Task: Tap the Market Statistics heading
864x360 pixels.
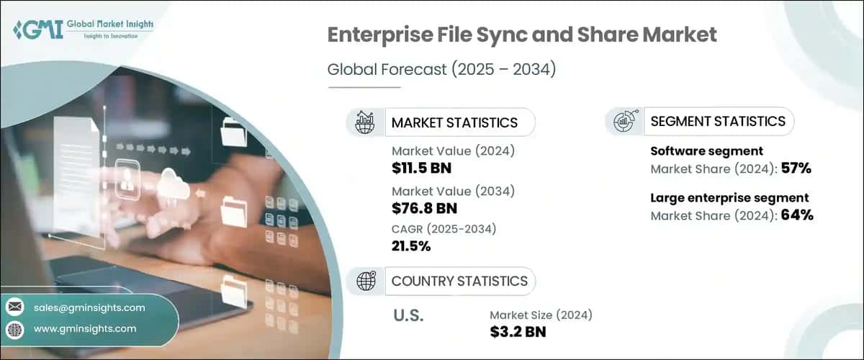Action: [454, 122]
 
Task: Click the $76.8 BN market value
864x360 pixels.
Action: [425, 209]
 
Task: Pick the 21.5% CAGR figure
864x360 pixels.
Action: [411, 247]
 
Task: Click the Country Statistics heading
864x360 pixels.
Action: [459, 281]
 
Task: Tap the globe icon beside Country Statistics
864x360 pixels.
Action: [366, 281]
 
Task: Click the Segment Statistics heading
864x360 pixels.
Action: [717, 122]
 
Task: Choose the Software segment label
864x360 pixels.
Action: [706, 152]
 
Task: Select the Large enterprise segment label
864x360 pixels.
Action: [729, 197]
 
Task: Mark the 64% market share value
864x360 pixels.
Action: [797, 215]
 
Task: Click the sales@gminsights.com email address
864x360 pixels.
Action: [89, 307]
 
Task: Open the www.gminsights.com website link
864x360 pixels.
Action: [85, 328]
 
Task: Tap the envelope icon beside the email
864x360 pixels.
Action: [14, 307]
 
